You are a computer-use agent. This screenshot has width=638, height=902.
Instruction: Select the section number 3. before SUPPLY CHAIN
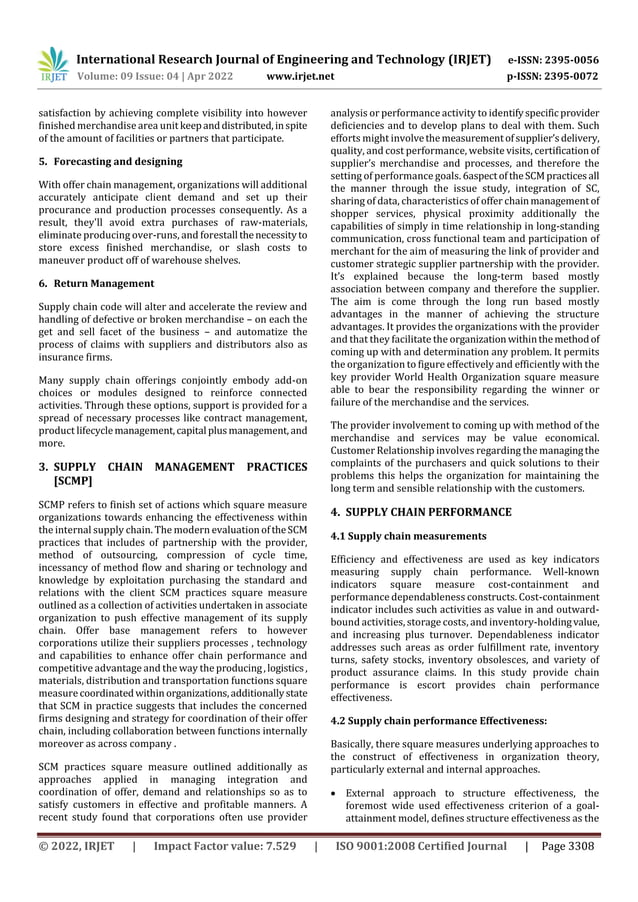point(43,466)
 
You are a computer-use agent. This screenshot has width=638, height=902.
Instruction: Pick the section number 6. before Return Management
point(43,283)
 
